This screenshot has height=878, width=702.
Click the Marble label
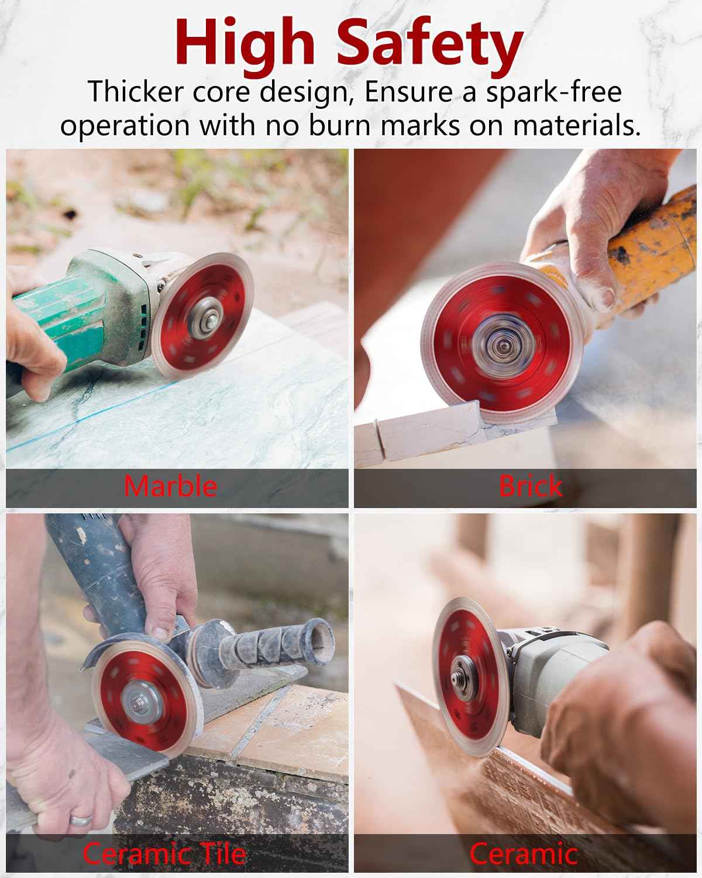pyautogui.click(x=170, y=486)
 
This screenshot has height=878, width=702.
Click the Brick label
pyautogui.click(x=531, y=486)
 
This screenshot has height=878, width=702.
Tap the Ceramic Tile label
pyautogui.click(x=164, y=853)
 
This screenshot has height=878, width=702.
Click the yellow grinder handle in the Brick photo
pyautogui.click(x=649, y=246)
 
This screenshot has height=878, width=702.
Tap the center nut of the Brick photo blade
pyautogui.click(x=500, y=345)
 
